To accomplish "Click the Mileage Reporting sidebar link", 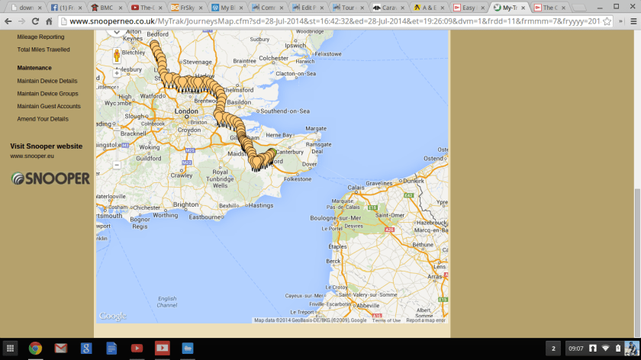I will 40,37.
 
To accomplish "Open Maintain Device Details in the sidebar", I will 47,81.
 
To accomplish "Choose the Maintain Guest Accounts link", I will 49,106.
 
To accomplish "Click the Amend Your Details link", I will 43,119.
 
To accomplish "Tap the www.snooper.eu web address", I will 32,156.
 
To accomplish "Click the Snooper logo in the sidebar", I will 50,178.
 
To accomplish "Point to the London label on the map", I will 187,111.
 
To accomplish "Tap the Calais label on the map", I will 356,187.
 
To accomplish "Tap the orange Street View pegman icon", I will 117,56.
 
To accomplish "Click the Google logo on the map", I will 113,316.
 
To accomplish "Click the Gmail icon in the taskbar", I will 60,349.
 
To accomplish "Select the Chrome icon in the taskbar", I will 35,349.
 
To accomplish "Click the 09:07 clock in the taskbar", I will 576,349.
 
